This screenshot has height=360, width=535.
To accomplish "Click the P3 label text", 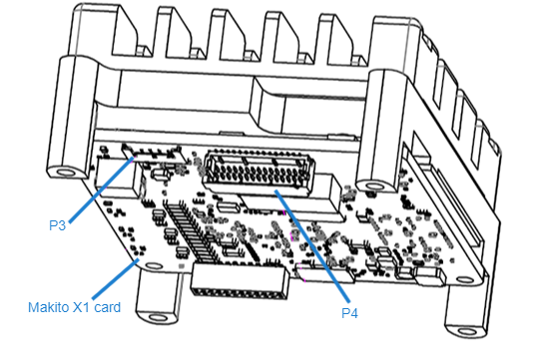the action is click(57, 225).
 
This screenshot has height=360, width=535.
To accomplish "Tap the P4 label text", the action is click(349, 313).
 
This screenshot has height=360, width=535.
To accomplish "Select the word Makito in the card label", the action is click(49, 307).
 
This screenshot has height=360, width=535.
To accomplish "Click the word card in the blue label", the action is click(108, 308).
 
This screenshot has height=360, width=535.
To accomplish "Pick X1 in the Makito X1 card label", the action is click(82, 307).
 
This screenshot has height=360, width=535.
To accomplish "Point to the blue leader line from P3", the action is click(102, 189).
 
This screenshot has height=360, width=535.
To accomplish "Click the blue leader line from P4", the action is click(312, 245).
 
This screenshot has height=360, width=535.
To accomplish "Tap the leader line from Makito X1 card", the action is click(116, 279).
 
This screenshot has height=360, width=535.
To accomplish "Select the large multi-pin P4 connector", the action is click(259, 172).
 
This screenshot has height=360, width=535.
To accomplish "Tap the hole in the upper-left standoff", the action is click(66, 172).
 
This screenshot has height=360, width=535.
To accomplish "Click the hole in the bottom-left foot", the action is click(158, 319).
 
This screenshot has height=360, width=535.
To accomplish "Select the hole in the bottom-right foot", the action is click(466, 332).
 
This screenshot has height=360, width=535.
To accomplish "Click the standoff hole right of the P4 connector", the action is click(374, 186).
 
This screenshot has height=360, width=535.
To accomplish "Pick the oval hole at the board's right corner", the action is click(465, 280).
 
